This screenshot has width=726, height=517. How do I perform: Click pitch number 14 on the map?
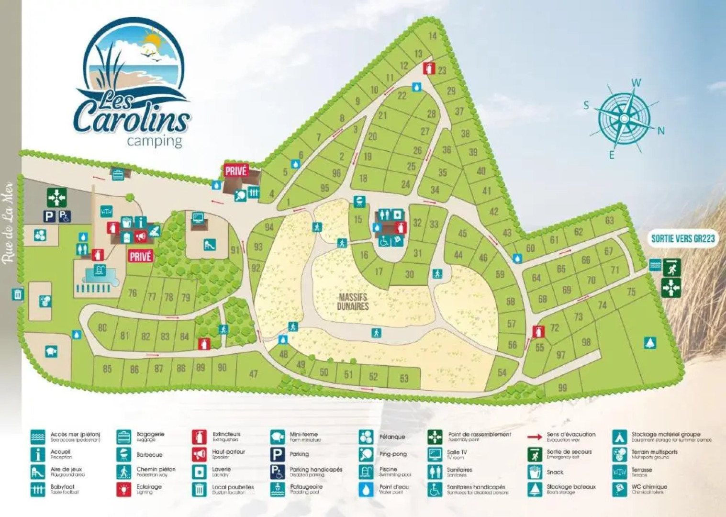click(x=432, y=35)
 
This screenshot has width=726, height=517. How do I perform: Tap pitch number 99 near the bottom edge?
click(x=562, y=387)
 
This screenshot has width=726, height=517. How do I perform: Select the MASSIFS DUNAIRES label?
click(x=353, y=302)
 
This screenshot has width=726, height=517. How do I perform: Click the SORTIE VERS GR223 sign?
click(x=683, y=238)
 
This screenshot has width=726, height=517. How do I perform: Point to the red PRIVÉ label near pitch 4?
click(x=235, y=171)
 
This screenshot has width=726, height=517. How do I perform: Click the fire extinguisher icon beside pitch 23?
click(x=428, y=68)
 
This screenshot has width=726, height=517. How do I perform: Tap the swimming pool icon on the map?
click(x=99, y=270)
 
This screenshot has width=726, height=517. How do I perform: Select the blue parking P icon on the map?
click(x=50, y=216)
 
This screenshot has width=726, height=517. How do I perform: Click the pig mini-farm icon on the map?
click(x=51, y=352)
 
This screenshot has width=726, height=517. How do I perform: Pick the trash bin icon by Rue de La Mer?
click(x=18, y=294)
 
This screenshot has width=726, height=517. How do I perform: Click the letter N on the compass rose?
click(x=661, y=131)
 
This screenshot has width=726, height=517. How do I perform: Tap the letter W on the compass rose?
click(x=636, y=82)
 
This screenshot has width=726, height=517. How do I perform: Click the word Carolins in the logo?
click(x=132, y=117)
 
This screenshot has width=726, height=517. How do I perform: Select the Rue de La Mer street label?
click(x=7, y=223)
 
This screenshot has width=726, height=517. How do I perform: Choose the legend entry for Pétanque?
click(x=392, y=437)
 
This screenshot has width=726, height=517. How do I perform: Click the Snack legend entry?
click(x=555, y=472)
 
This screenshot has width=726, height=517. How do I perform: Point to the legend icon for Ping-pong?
click(x=366, y=454)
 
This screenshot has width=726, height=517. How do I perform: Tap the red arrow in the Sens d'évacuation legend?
click(x=535, y=437)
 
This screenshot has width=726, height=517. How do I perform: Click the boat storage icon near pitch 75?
click(x=649, y=343)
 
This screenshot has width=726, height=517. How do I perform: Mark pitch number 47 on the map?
click(x=253, y=374)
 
